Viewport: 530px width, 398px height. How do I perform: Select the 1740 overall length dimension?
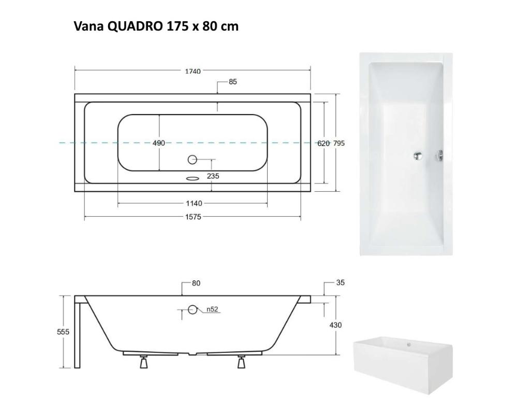click(x=193, y=71)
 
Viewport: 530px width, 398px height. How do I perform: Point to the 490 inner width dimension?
click(x=158, y=143)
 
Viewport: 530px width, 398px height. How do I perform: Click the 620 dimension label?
click(x=323, y=143)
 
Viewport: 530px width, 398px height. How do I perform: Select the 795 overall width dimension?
click(x=338, y=143)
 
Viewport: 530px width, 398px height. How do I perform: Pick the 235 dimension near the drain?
click(x=213, y=176)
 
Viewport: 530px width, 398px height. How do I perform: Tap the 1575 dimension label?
click(x=193, y=217)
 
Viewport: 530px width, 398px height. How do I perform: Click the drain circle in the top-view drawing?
click(x=193, y=160)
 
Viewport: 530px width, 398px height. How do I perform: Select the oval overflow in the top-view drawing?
click(x=193, y=177)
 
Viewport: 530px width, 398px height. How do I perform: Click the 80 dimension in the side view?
click(x=196, y=283)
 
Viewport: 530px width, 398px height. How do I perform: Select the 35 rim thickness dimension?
click(x=340, y=283)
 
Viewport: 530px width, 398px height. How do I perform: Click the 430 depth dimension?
click(x=335, y=325)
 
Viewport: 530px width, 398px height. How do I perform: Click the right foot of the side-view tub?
click(x=241, y=362)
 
